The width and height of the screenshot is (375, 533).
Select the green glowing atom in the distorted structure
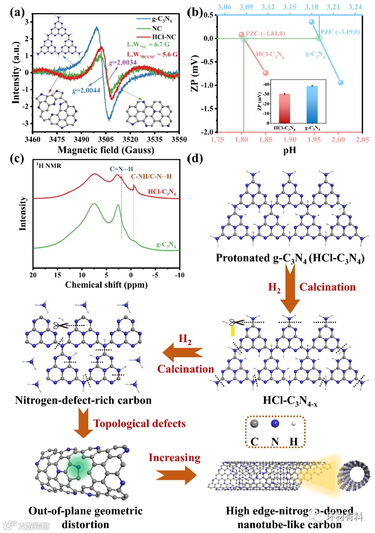(x=79, y=467)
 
